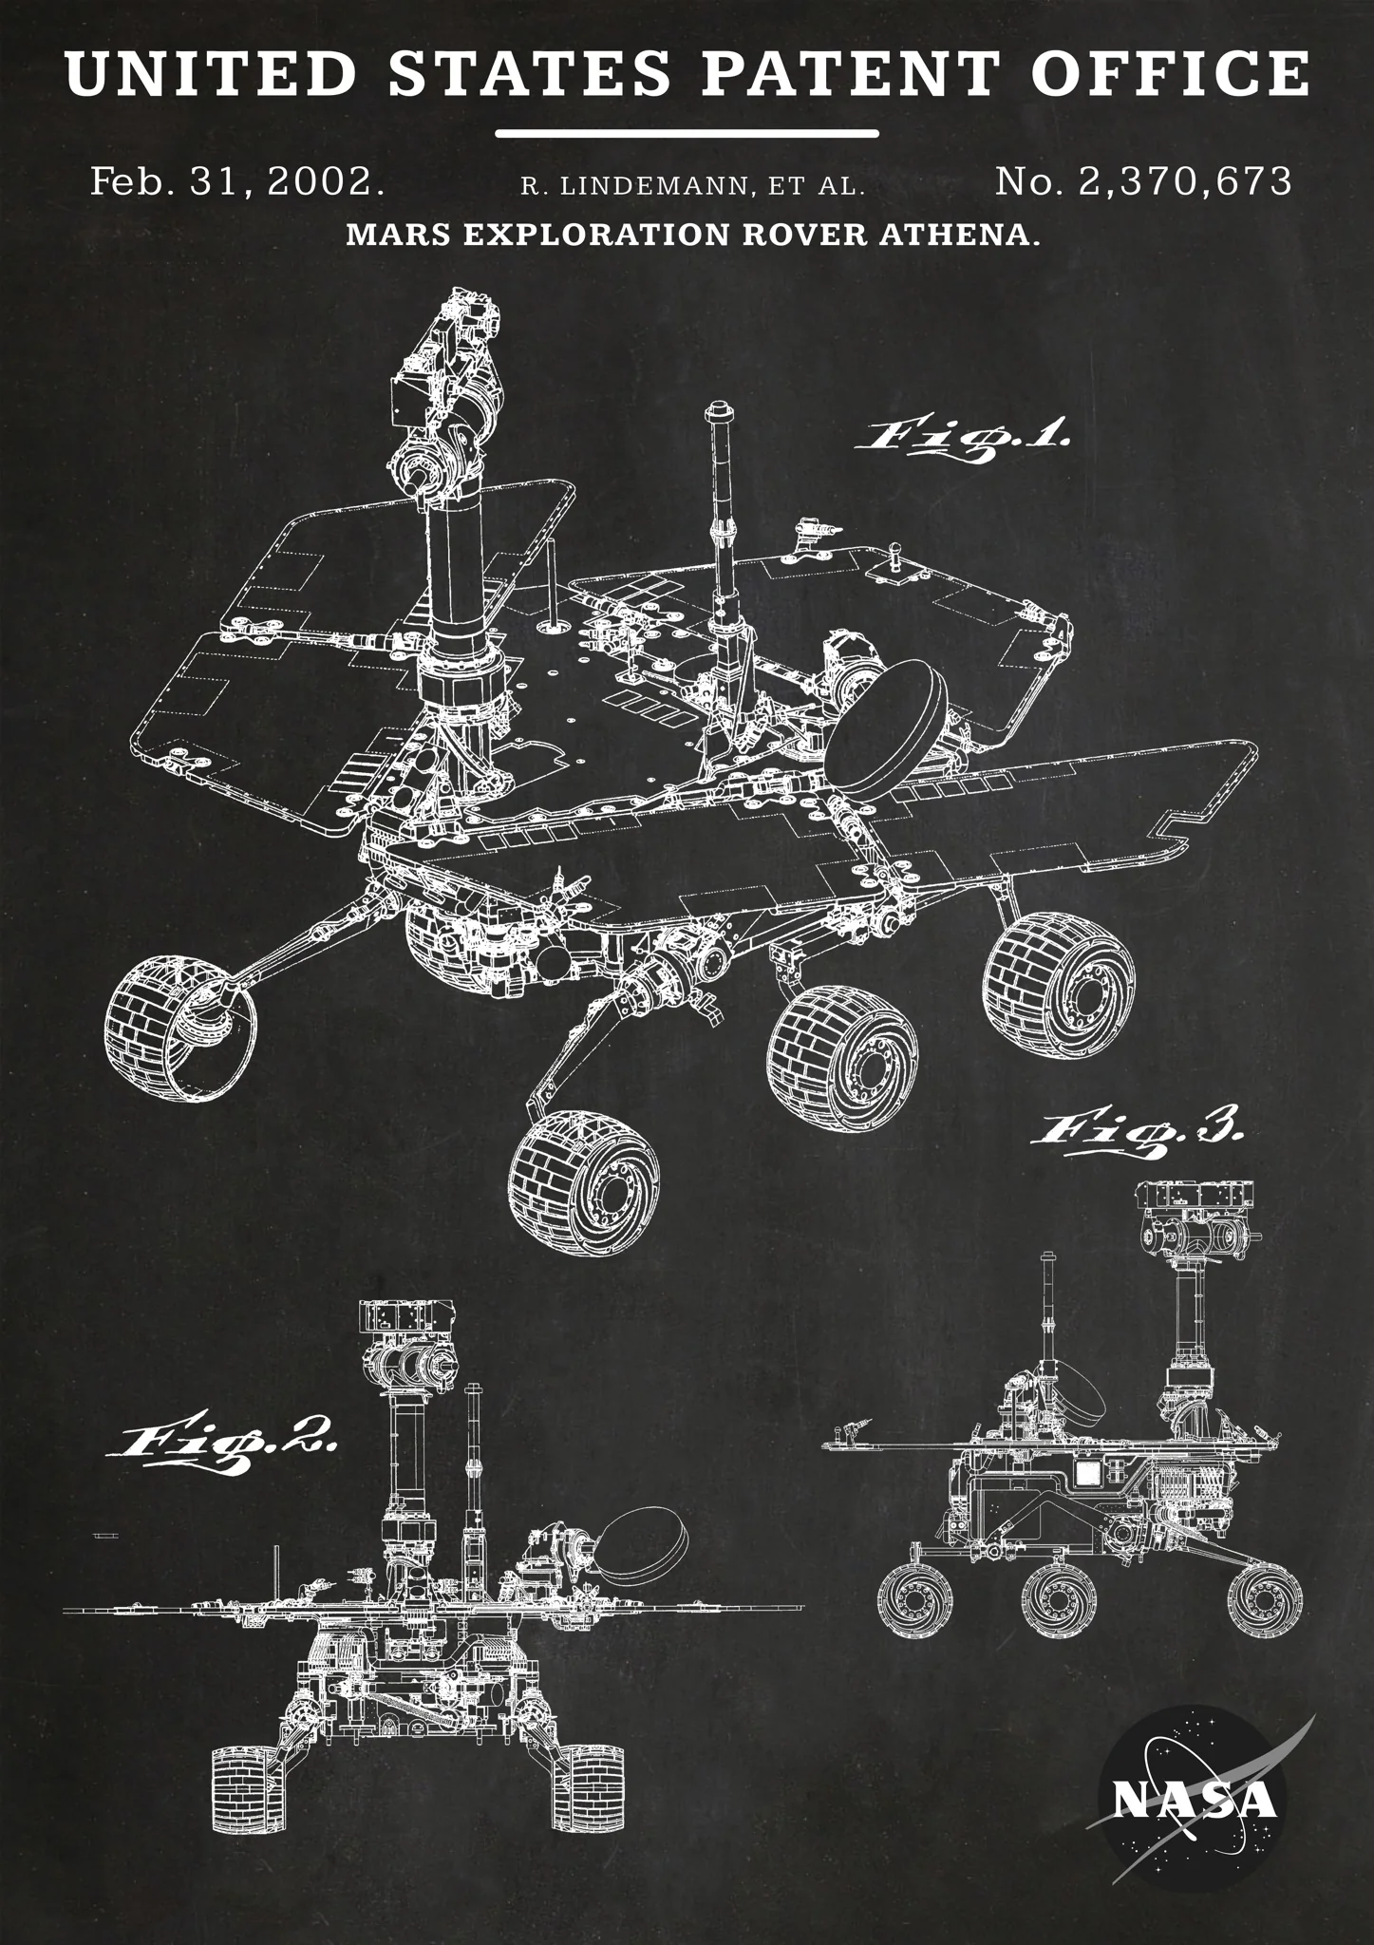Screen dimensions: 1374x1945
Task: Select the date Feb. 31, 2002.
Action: click(x=237, y=181)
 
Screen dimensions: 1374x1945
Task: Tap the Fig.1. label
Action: click(x=964, y=440)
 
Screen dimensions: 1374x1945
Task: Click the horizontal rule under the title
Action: click(x=687, y=133)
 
